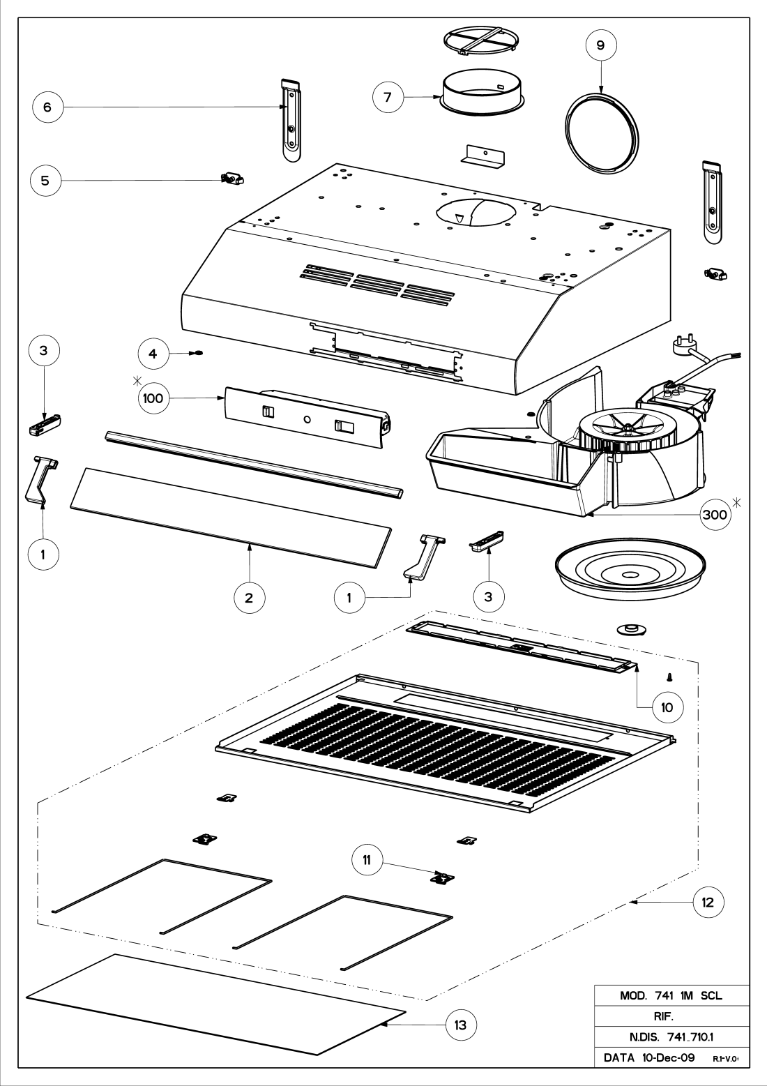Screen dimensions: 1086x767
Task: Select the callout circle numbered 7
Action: point(387,97)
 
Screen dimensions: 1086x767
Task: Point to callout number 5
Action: point(45,180)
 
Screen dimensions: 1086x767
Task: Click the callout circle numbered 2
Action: point(250,598)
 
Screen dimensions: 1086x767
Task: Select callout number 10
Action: point(667,707)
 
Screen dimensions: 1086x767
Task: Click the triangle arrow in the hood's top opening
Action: point(458,218)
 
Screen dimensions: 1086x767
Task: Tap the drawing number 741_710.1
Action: point(667,1038)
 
